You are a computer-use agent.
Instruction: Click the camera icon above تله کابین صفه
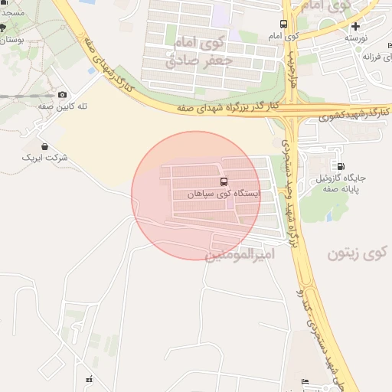[x=63, y=94]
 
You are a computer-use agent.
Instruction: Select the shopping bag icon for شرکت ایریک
[x=44, y=145]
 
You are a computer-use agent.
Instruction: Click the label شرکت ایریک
[x=47, y=158]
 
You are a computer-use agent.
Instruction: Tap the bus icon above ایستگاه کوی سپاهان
[x=224, y=181]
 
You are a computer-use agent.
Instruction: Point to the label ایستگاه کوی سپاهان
[x=224, y=194]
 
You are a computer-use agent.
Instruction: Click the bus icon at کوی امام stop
[x=284, y=24]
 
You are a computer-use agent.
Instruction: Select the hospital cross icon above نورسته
[x=355, y=25]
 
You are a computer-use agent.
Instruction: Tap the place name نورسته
[x=356, y=38]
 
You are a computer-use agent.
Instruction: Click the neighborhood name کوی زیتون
[x=358, y=253]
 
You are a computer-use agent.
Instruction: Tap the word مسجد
[x=11, y=14]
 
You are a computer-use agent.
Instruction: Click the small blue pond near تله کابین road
[x=92, y=71]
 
